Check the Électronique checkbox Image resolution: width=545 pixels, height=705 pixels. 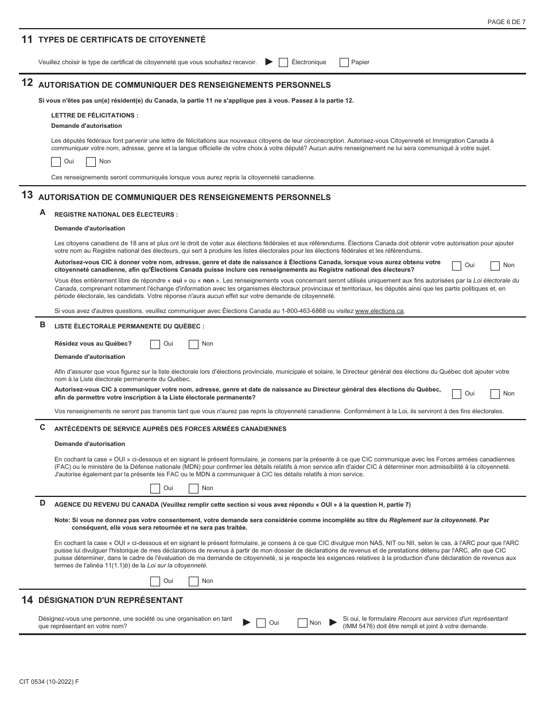pyautogui.click(x=283, y=62)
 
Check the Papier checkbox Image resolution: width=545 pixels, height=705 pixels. pyautogui.click(x=344, y=62)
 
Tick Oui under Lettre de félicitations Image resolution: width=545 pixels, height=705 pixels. pyautogui.click(x=56, y=162)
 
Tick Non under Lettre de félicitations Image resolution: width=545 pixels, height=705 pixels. pyautogui.click(x=91, y=162)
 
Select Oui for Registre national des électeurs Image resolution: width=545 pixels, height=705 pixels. pyautogui.click(x=457, y=265)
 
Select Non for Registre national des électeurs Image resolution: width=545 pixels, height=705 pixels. pyautogui.click(x=495, y=265)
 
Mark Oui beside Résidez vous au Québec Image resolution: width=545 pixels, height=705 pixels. pyautogui.click(x=155, y=344)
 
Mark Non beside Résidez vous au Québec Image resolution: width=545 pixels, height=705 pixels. pyautogui.click(x=193, y=344)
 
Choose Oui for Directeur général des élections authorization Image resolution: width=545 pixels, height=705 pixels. pyautogui.click(x=457, y=394)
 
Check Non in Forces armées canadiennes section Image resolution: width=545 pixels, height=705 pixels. pyautogui.click(x=193, y=488)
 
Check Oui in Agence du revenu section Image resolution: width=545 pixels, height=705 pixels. pyautogui.click(x=155, y=581)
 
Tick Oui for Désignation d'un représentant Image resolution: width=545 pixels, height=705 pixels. pyautogui.click(x=261, y=623)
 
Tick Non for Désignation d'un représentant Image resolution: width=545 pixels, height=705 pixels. pyautogui.click(x=302, y=623)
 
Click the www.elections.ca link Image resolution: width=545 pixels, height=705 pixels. pyautogui.click(x=379, y=311)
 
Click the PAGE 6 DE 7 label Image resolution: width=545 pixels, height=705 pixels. pyautogui.click(x=506, y=22)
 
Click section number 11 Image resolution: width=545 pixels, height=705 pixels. pyautogui.click(x=26, y=40)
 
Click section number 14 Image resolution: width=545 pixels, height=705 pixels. pyautogui.click(x=26, y=600)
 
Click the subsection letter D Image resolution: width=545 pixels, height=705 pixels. pyautogui.click(x=42, y=503)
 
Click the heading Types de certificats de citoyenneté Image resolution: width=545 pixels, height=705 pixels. pyautogui.click(x=122, y=40)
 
